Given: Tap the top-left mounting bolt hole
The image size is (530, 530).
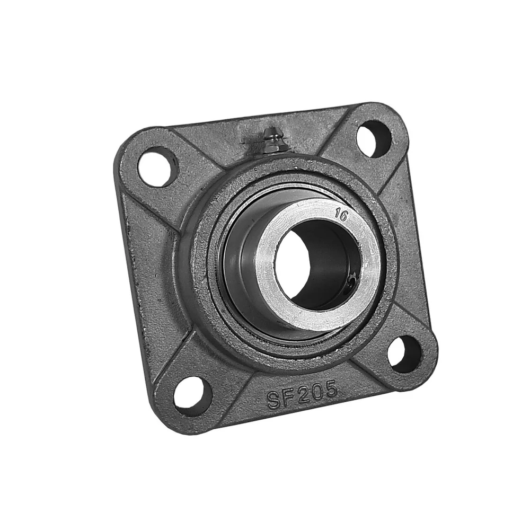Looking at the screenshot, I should tap(157, 167).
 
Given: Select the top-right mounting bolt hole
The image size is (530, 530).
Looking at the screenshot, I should tap(374, 138).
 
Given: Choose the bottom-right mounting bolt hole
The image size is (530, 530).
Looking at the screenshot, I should tap(405, 354).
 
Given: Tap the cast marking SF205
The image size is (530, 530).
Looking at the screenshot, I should tap(302, 395).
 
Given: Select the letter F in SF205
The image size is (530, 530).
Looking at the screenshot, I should tap(289, 397).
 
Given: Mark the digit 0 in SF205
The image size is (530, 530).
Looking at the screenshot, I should tap(317, 392).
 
